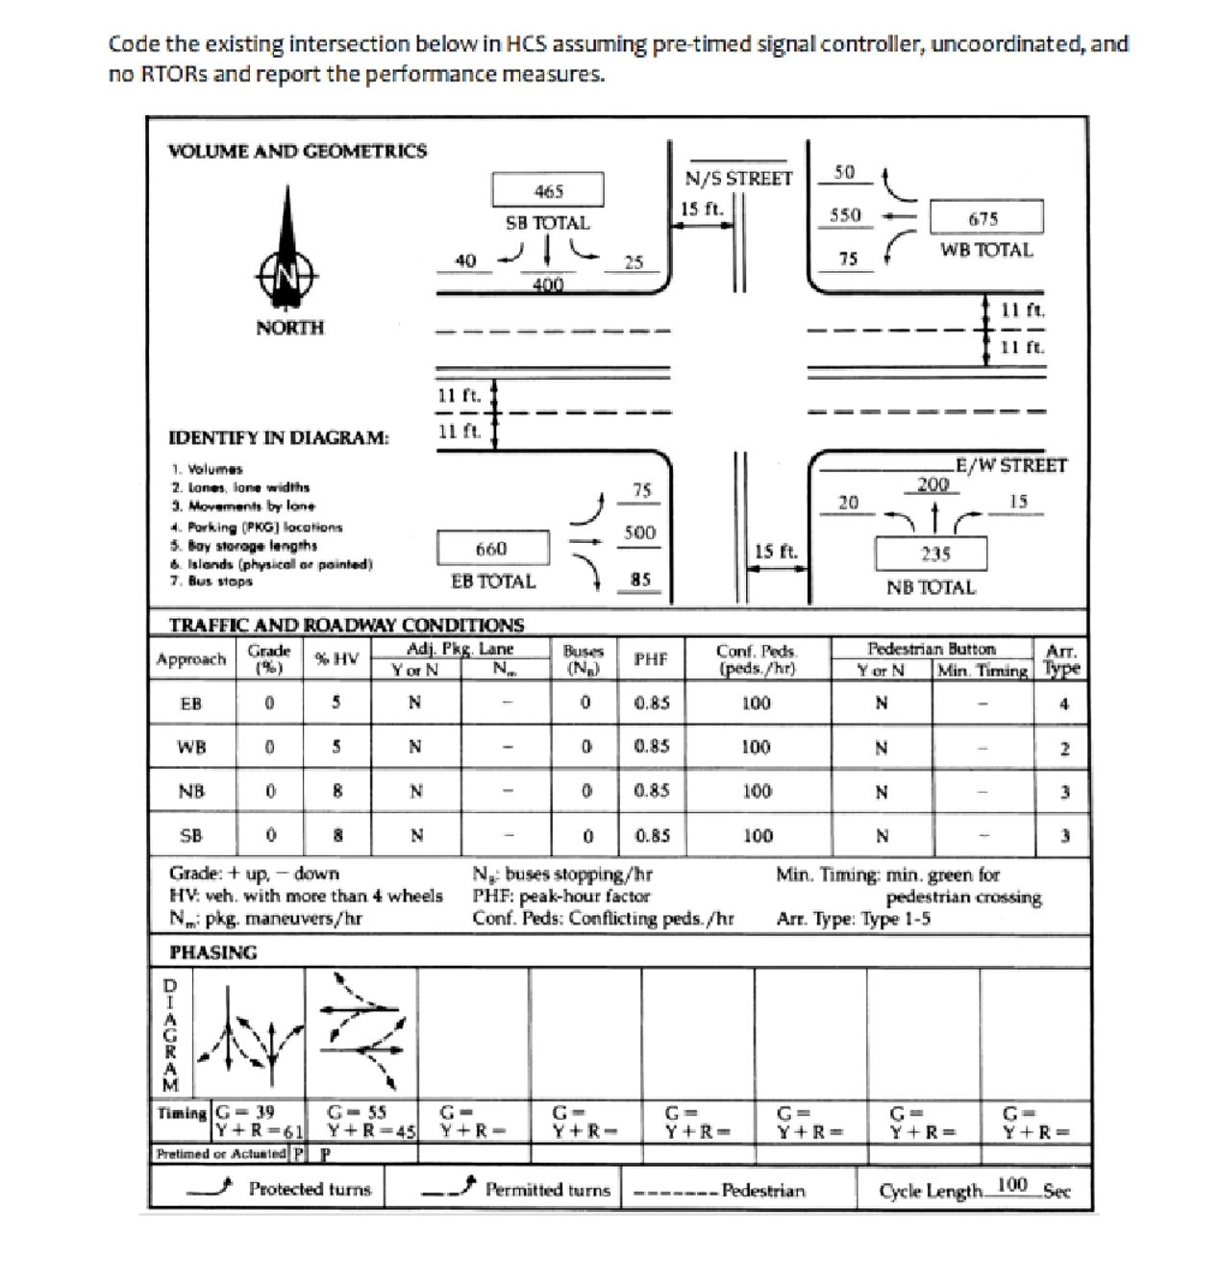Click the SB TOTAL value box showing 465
[548, 190]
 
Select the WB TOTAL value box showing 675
[983, 218]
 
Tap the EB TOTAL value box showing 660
[491, 549]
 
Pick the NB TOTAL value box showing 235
[934, 554]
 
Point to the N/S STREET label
[738, 178]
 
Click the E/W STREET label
[1011, 465]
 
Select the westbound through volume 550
[845, 215]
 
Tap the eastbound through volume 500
[639, 532]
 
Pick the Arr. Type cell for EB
[1063, 704]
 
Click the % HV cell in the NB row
[336, 791]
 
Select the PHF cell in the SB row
[652, 835]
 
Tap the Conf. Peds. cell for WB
[756, 747]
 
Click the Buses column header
[583, 658]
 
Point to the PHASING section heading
[213, 952]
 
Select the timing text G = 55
[357, 1112]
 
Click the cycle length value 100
[1012, 1185]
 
